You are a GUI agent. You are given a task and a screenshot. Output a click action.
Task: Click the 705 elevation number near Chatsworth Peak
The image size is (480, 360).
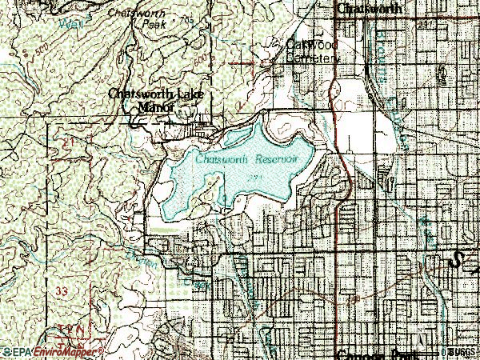click(187, 18)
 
